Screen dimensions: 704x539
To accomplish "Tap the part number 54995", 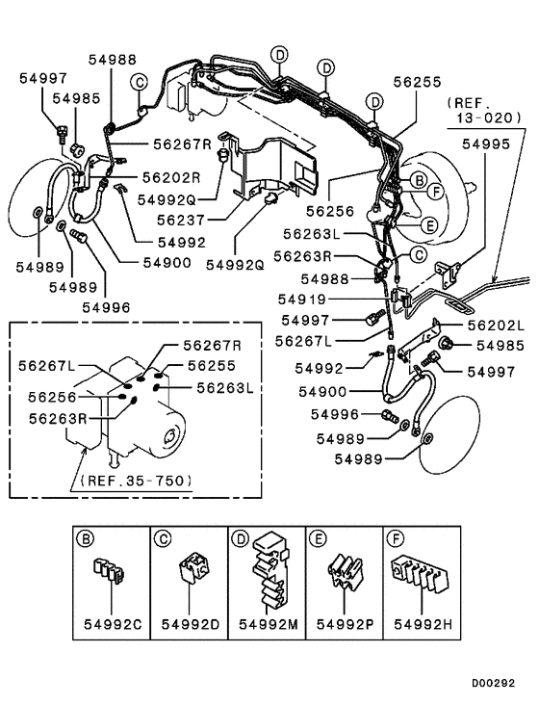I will [x=485, y=143].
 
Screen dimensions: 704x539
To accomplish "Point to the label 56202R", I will [x=170, y=177].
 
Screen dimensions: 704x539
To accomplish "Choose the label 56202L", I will [x=494, y=326].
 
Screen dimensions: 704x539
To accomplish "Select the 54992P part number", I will [x=345, y=625].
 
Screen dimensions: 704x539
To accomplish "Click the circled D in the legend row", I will [x=239, y=538].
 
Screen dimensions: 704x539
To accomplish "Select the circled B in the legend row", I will [x=84, y=538].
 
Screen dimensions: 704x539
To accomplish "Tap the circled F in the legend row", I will [x=395, y=538].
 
